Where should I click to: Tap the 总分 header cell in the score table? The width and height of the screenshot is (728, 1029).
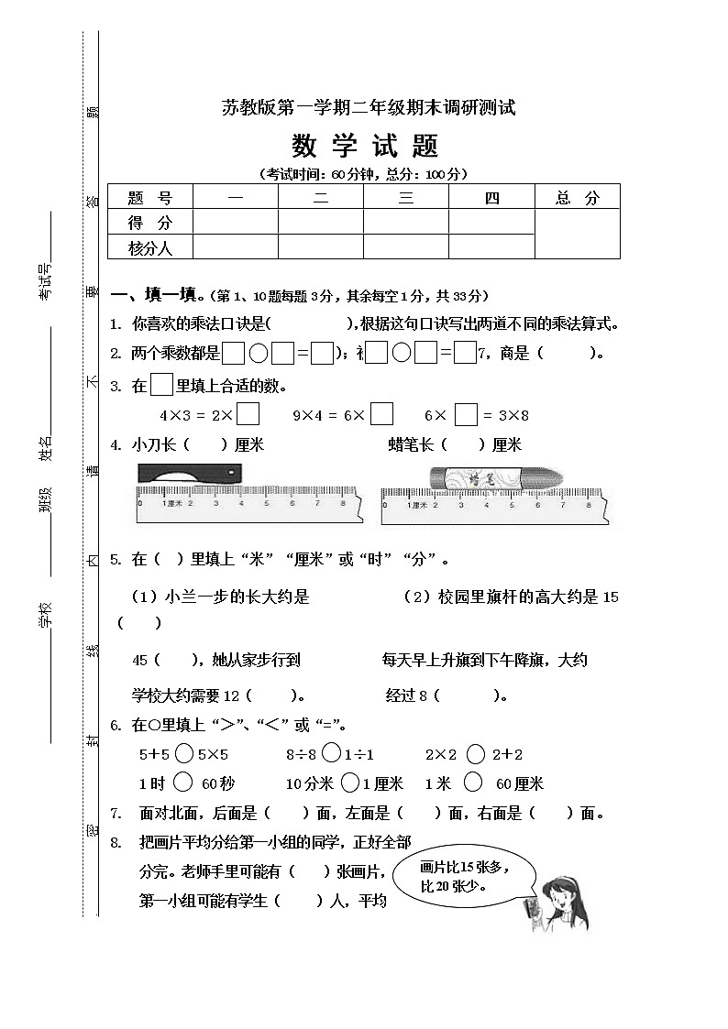coord(577,198)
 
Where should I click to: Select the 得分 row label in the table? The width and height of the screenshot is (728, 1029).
coord(150,223)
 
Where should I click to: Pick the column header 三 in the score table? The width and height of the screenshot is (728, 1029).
coord(406,198)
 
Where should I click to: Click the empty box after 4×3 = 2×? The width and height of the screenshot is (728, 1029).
coord(248,415)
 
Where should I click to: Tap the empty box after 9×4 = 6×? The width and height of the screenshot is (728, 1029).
coord(382,415)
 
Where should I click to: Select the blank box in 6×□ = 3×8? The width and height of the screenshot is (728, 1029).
coord(466,415)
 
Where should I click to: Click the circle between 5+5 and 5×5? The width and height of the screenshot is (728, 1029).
coord(183,754)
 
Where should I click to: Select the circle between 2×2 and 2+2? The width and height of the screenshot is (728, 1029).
coord(475,754)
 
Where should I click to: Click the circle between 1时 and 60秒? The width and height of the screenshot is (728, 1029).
coord(182,783)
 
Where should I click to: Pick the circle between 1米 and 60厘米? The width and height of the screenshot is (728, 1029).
coord(473,783)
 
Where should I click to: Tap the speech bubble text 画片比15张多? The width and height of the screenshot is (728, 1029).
coord(464,868)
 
